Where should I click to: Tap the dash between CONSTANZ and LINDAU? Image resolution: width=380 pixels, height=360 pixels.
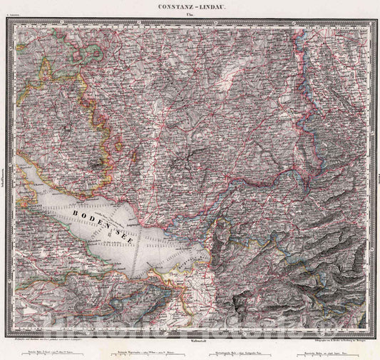[195, 5]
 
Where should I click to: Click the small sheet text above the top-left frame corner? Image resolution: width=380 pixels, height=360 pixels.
[12, 15]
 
